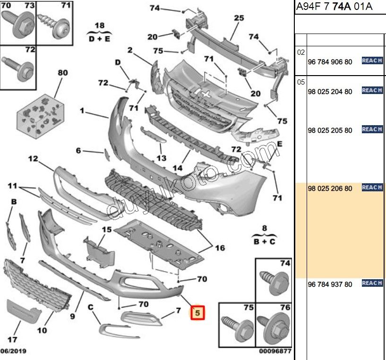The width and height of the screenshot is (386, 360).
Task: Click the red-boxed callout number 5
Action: pyautogui.click(x=197, y=312)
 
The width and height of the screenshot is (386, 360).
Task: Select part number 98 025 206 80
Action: pyautogui.click(x=330, y=189)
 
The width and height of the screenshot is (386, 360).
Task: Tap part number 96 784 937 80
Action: pyautogui.click(x=330, y=284)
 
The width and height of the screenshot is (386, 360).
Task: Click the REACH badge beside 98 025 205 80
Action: pyautogui.click(x=372, y=129)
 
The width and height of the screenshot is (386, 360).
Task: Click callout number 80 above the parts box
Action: pyautogui.click(x=62, y=73)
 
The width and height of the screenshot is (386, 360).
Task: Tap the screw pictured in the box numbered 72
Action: pyautogui.click(x=17, y=67)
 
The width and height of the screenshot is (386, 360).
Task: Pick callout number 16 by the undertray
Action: pyautogui.click(x=220, y=248)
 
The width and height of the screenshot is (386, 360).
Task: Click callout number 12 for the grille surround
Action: pyautogui.click(x=33, y=159)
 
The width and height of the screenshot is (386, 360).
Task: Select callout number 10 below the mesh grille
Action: pyautogui.click(x=42, y=330)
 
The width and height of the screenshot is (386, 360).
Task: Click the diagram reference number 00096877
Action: pyautogui.click(x=275, y=351)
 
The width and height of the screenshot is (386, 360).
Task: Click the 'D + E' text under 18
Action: pyautogui.click(x=99, y=39)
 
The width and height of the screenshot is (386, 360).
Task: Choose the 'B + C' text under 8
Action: pyautogui.click(x=265, y=241)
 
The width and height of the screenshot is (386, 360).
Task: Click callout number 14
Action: pyautogui.click(x=178, y=167)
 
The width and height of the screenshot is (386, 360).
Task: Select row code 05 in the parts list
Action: pyautogui.click(x=301, y=82)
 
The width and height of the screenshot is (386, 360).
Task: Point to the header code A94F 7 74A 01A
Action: pyautogui.click(x=334, y=7)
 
